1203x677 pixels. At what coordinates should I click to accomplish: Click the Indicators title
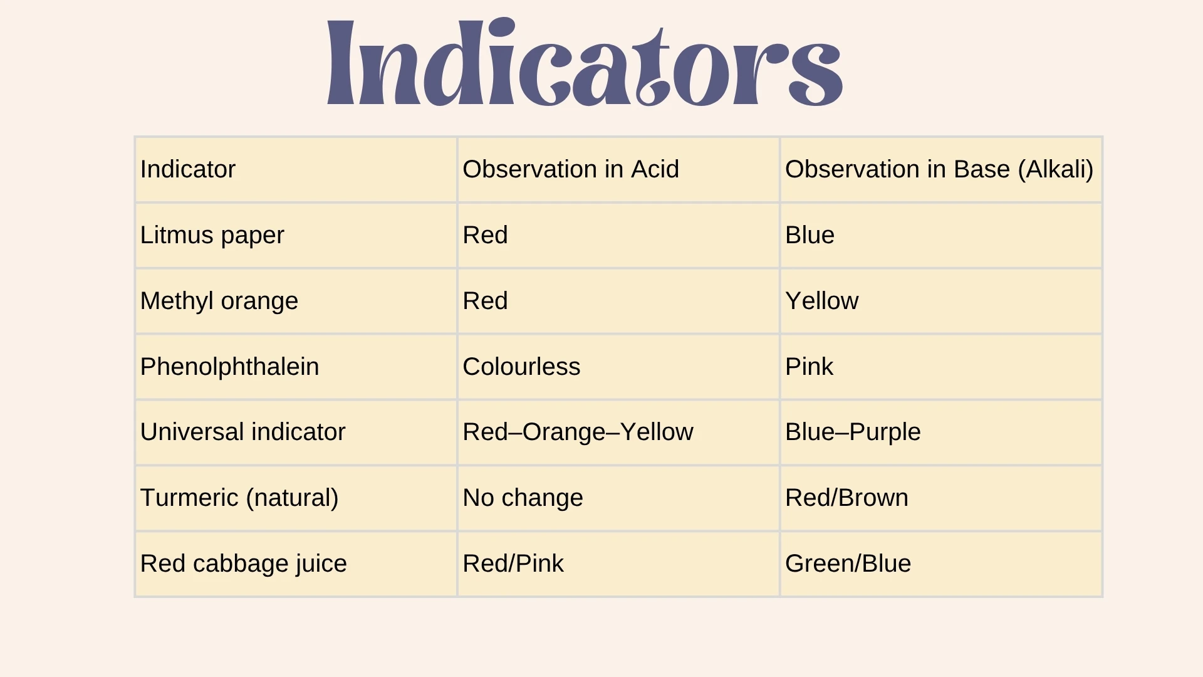585,63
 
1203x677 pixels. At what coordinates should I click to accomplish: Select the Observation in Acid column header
570,169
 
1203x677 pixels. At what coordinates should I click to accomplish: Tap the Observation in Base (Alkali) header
939,169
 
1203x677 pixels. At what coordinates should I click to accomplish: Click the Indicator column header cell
188,169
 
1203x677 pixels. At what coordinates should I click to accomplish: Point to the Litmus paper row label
212,235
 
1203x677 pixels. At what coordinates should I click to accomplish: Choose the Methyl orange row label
219,301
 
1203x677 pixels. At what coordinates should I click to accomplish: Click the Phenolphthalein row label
229,367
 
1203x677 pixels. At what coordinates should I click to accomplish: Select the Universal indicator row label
242,432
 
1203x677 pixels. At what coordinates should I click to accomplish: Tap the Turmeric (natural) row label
239,498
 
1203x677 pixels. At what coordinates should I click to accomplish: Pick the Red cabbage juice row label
243,564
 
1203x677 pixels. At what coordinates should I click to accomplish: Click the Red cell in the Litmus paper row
485,235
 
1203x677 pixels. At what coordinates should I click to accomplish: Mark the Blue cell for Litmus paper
810,235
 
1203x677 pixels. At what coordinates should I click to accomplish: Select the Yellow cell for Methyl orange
821,301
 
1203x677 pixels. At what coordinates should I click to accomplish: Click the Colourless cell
521,367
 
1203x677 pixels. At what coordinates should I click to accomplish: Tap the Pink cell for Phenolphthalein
809,367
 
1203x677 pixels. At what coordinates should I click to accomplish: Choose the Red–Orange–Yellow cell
578,432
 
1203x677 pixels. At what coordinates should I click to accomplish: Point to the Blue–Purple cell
853,432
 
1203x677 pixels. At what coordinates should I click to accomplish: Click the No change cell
523,498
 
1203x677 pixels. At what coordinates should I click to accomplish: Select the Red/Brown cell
846,498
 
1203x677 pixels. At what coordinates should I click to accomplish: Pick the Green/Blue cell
848,564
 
